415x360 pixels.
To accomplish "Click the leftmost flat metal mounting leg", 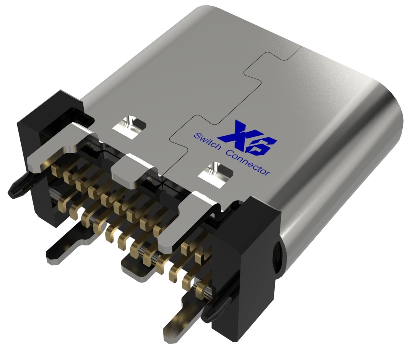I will pyautogui.click(x=67, y=245).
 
